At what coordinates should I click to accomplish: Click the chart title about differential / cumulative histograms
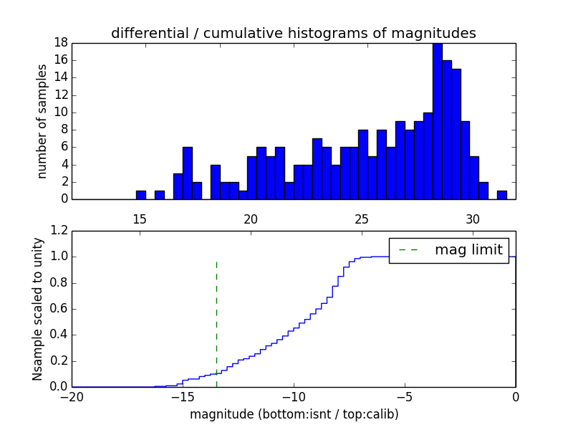[293, 33]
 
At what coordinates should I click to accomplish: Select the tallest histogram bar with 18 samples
[437, 120]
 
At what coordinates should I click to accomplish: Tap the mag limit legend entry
[448, 250]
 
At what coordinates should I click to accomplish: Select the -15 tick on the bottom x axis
[183, 397]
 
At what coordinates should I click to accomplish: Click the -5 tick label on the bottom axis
[404, 397]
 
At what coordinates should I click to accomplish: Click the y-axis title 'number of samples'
[42, 120]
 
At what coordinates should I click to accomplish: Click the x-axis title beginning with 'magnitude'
[294, 414]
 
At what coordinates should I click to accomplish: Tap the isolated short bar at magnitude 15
[141, 195]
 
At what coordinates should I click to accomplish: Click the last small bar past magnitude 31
[502, 195]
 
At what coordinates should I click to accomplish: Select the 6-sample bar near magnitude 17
[188, 173]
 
